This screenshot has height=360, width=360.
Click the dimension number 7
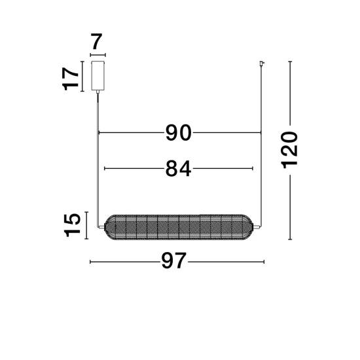[x=96, y=41]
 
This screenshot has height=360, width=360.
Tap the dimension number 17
[x=71, y=79]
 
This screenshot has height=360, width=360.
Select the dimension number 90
[x=179, y=133]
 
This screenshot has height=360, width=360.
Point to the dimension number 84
[x=178, y=168]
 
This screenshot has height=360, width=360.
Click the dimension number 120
[x=289, y=150]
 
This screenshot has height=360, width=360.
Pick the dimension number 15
[x=72, y=225]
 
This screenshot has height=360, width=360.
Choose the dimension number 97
[x=173, y=261]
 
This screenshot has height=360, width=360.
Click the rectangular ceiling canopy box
[x=98, y=75]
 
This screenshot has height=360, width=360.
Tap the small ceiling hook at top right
[x=262, y=63]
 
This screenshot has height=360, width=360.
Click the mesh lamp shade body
[x=179, y=227]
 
